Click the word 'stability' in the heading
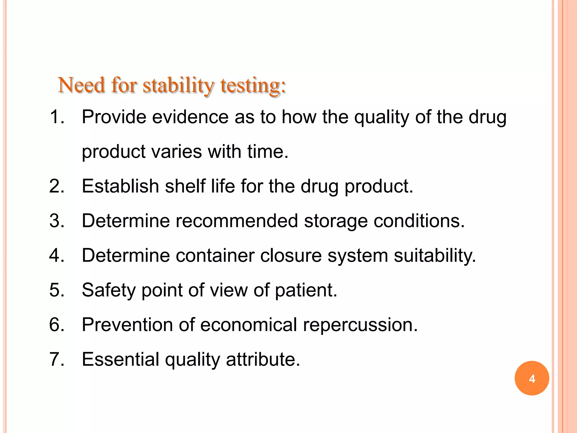178,85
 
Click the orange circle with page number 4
532,378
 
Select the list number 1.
57,117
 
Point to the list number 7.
57,359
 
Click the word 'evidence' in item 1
190,117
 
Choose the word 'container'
215,255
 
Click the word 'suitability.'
435,256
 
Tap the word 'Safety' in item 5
108,290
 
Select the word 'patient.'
306,290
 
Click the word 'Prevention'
127,325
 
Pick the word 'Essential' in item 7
121,359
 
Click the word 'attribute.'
263,359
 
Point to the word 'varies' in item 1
177,152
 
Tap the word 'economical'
248,325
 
